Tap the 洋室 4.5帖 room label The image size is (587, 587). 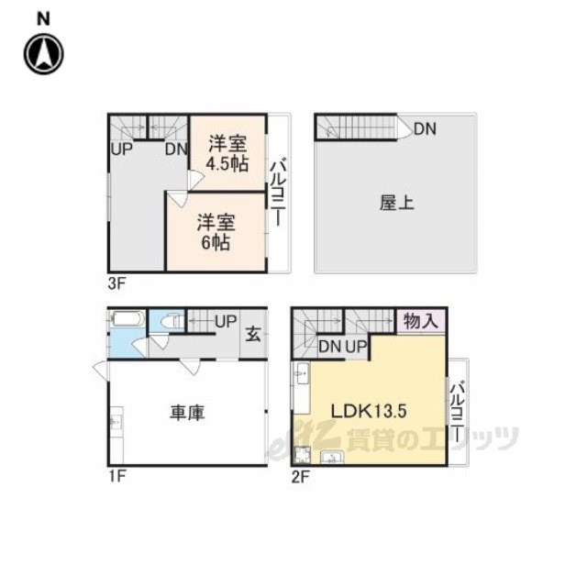[227, 153]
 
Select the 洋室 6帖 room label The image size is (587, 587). [216, 232]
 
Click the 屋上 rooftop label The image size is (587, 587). [397, 203]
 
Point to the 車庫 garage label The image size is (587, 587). [187, 412]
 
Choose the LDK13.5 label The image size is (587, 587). [369, 411]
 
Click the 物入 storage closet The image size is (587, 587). [422, 321]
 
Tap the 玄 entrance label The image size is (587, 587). [253, 334]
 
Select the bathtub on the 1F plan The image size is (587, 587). [127, 318]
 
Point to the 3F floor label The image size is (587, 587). [116, 283]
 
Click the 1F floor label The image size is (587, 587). [116, 476]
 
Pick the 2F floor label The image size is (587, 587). [300, 477]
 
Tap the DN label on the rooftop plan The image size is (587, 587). [426, 129]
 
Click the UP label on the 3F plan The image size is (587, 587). [122, 149]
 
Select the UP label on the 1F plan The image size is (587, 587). [226, 321]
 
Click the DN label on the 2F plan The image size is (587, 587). [330, 347]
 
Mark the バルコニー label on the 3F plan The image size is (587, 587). [278, 193]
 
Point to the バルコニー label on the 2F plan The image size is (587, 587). [458, 412]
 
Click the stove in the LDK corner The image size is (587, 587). [302, 455]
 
